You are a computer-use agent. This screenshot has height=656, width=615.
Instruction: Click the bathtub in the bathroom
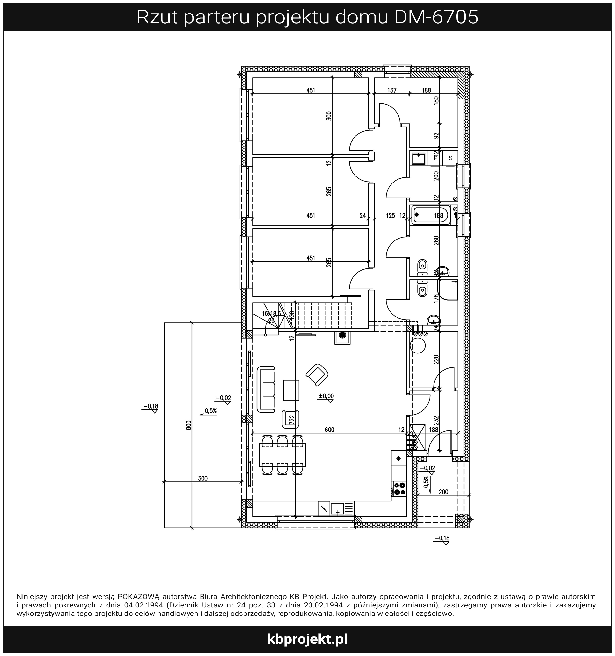click(430, 215)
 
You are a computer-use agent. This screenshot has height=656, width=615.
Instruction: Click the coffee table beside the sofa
click(291, 390)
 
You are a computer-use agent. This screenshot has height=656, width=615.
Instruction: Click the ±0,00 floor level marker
click(326, 396)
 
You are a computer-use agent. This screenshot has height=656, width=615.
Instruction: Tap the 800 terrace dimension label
click(188, 425)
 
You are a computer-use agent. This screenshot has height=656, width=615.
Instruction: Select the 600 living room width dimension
click(329, 430)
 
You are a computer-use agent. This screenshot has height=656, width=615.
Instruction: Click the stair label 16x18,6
click(271, 313)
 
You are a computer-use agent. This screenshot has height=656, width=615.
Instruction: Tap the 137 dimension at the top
click(392, 90)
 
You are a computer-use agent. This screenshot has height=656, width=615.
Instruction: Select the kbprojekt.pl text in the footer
click(307, 639)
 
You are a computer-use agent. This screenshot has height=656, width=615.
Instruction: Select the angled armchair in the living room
click(317, 375)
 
